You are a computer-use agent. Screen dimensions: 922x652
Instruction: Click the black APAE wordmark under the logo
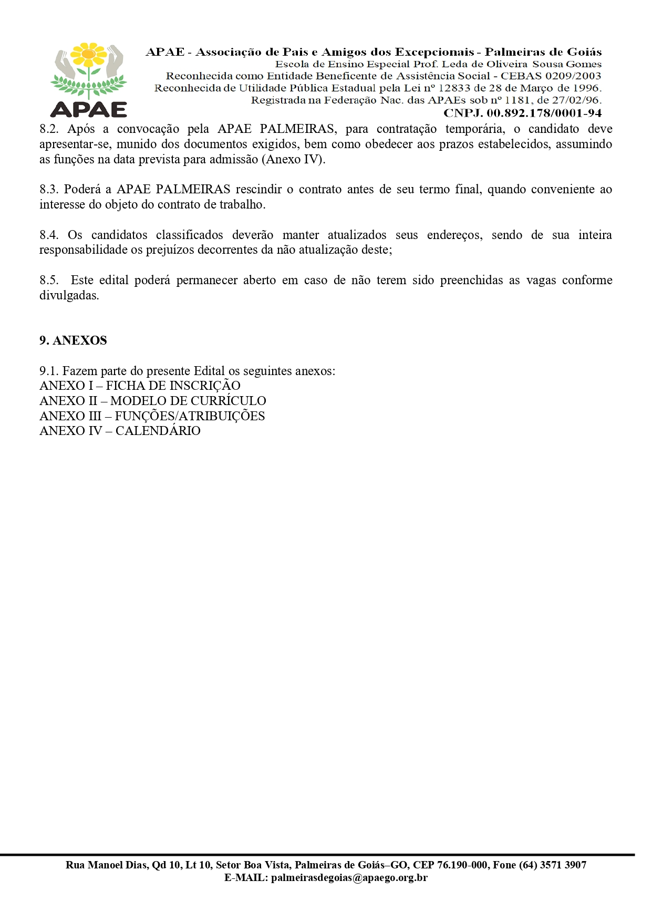coord(89,109)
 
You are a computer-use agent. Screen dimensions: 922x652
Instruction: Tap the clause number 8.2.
coord(49,129)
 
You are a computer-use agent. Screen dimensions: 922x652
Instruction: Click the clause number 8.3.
coord(49,190)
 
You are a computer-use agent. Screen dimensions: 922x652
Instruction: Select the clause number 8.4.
coord(49,235)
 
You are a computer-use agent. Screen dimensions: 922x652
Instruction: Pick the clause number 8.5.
coord(49,280)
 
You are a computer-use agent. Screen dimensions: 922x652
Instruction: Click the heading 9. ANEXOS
coord(73,340)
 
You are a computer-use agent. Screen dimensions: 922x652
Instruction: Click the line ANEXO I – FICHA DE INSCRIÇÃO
coord(140,386)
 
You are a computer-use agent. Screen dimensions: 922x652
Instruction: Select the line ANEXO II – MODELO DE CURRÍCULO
coord(152,401)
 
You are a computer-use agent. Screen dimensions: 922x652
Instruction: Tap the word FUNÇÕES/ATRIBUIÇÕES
coord(190,416)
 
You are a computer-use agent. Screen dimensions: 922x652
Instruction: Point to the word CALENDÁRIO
coord(158,431)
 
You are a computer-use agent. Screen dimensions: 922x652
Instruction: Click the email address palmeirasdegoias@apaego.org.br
coord(349,877)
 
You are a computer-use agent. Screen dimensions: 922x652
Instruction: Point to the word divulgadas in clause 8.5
coord(69,295)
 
